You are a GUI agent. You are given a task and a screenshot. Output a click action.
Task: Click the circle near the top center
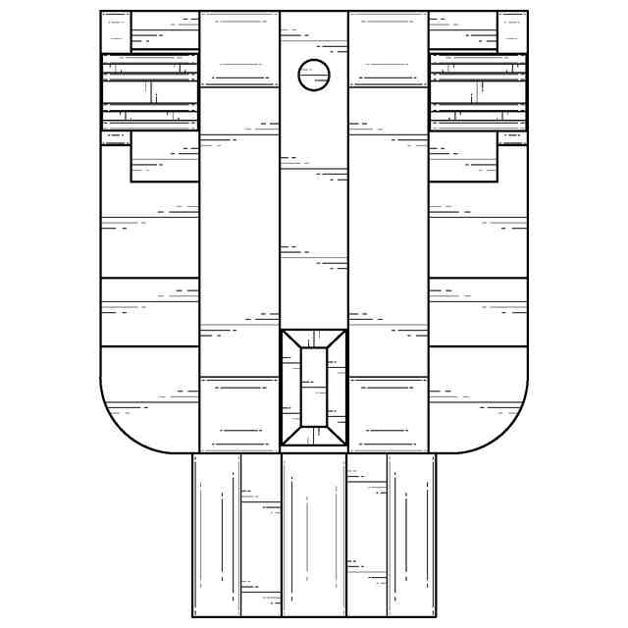click(314, 75)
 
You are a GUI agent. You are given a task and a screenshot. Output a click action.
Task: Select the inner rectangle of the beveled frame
click(314, 387)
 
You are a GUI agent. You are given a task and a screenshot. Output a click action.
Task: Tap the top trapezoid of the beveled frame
click(314, 339)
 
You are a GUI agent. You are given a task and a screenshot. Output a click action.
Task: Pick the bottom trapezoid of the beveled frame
click(314, 436)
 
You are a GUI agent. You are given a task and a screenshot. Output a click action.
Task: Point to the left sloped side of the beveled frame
click(290, 387)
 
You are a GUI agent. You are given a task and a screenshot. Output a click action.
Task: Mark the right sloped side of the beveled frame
click(337, 387)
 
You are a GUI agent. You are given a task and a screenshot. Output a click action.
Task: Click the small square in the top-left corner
click(115, 31)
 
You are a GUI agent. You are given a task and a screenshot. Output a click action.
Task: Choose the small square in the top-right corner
click(512, 31)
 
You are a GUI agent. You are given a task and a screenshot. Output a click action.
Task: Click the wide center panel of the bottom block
click(314, 535)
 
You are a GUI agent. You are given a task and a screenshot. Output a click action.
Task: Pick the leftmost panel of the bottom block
click(216, 535)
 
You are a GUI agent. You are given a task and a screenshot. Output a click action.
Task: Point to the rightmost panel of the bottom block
click(411, 535)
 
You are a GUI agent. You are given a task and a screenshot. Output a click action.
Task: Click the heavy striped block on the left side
click(149, 91)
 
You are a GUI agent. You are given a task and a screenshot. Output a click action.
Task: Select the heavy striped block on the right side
click(478, 91)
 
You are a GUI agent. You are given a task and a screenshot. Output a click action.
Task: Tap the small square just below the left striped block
click(115, 138)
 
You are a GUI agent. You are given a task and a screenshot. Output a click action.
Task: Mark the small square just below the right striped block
click(512, 138)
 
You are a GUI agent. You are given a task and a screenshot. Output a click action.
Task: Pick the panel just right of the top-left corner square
click(165, 31)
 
